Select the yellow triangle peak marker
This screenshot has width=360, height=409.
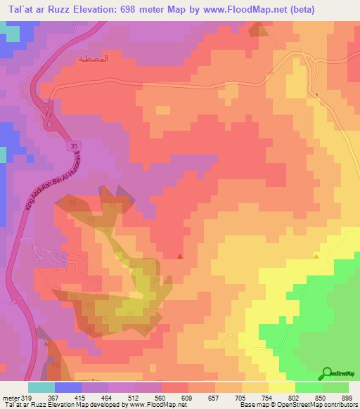(x=316, y=256)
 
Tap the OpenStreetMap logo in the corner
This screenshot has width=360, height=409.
(x=337, y=373)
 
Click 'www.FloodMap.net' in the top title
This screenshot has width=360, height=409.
(x=231, y=9)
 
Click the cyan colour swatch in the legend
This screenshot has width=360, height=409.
(x=41, y=387)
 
